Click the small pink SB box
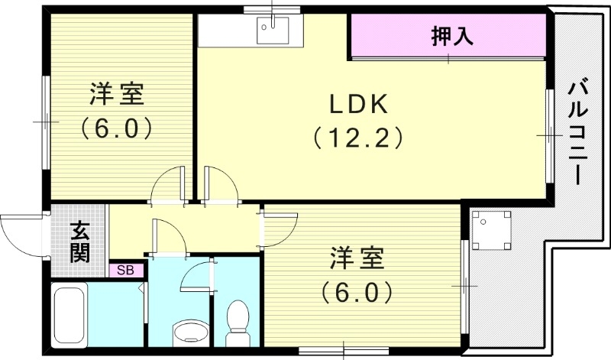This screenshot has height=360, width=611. point(125,269)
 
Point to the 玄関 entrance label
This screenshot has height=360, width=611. point(79,242)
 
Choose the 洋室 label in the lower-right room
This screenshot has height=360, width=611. point(356,258)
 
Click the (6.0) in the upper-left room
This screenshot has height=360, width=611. point(116,126)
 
